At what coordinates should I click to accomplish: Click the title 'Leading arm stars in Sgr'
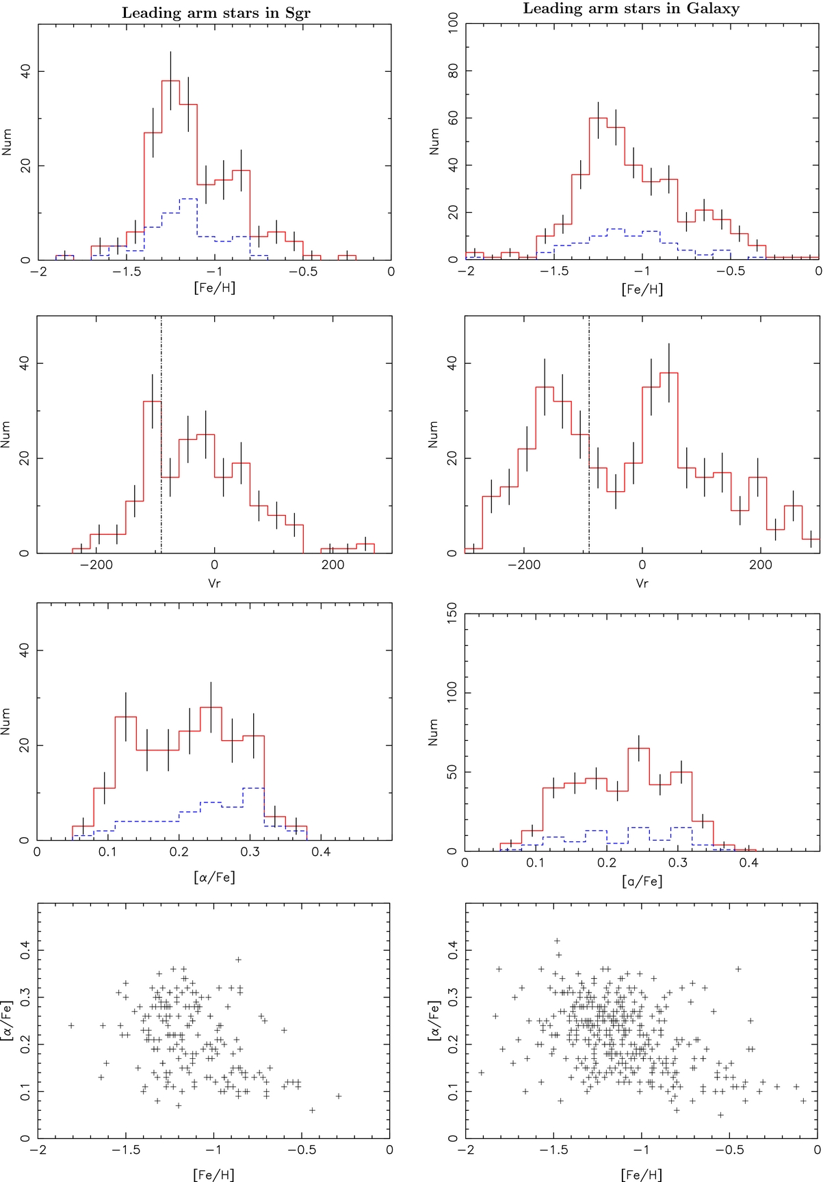point(215,13)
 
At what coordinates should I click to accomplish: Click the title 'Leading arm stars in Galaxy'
point(631,9)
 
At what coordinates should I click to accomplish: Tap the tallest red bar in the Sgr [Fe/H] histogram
point(170,171)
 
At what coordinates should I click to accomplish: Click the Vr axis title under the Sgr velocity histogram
point(214,583)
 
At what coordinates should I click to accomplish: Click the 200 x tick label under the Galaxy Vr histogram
point(760,565)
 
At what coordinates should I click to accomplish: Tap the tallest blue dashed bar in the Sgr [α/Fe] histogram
point(254,814)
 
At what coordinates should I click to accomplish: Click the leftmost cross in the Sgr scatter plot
point(71,1025)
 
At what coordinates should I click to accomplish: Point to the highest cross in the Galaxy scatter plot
point(557,941)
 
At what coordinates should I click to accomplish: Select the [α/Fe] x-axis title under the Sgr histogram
point(214,877)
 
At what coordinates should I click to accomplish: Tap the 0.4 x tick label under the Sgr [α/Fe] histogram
point(321,852)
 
